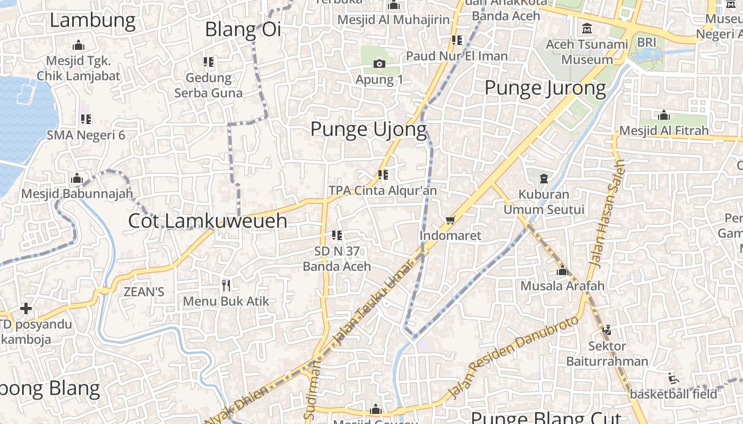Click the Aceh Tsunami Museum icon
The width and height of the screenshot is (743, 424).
coord(587,28)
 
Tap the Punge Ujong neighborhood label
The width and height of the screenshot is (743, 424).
coord(368,129)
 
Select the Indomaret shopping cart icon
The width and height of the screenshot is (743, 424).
coord(450,220)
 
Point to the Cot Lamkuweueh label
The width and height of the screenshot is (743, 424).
coord(208,221)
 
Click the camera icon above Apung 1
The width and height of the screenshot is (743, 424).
coord(379,64)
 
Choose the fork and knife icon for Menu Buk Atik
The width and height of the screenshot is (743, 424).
coord(226,286)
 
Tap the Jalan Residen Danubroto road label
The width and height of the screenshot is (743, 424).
coord(513,357)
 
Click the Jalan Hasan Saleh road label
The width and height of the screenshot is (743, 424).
coord(607,214)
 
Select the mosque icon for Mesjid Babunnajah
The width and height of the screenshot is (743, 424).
coord(77,179)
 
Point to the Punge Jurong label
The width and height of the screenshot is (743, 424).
coord(545,88)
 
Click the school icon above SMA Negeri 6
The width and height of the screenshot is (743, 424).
coord(85,119)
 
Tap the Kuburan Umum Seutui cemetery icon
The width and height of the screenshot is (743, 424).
coord(544,179)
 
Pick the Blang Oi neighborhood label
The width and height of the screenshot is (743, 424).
coord(243,30)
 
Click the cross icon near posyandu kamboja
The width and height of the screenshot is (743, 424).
coord(25,308)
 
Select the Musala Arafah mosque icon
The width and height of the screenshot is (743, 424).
coord(562,271)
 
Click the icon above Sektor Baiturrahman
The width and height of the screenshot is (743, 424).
coord(607,330)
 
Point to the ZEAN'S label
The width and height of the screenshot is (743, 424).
coord(143,291)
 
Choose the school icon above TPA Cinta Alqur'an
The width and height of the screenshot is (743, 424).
coord(383,174)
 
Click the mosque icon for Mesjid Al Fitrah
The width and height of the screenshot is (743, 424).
coord(663,116)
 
